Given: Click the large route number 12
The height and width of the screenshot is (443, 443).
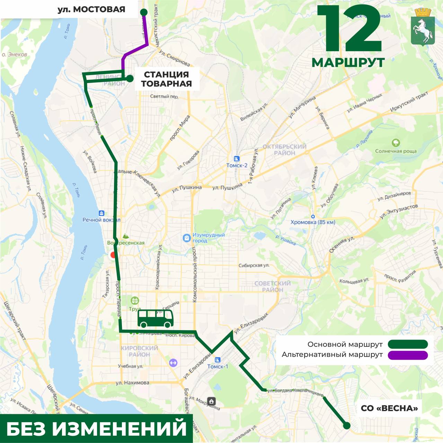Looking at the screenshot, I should click(349, 29).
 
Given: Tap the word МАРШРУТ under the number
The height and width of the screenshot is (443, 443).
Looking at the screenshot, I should click(348, 63).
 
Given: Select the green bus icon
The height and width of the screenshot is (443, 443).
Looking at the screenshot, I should click(156, 318).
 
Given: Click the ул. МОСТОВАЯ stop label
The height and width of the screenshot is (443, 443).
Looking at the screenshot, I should click(91, 9).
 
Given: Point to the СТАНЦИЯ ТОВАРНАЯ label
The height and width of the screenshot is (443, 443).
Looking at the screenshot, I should click(166, 79).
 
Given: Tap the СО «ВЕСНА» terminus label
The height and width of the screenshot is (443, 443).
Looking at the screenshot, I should click(389, 408).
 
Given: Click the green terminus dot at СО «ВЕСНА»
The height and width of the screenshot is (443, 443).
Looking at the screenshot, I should click(346, 426).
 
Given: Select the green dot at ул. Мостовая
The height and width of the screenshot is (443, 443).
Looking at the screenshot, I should click(144, 12).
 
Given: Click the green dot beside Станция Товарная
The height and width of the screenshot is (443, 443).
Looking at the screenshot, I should click(130, 79).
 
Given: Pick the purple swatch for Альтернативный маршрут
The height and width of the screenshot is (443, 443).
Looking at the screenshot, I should click(408, 355).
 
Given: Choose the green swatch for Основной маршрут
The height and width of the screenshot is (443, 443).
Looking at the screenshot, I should click(408, 344).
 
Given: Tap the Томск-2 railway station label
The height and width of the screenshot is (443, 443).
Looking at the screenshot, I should click(237, 165).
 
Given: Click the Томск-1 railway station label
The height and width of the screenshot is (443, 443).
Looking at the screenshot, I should click(218, 366).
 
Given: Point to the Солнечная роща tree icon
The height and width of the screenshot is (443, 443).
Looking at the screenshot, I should click(396, 143).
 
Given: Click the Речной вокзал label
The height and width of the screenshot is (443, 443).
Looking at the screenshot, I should click(101, 220).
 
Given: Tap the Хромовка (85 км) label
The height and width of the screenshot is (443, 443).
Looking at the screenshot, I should click(313, 222).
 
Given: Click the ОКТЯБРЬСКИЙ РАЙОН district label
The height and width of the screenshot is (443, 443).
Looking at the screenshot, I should click(284, 150).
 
